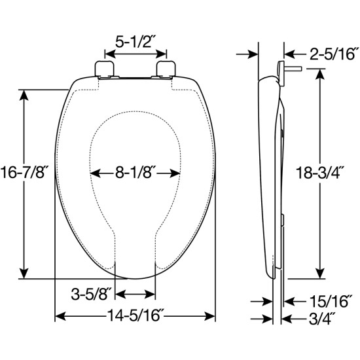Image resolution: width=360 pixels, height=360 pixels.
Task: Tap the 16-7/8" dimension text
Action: pyautogui.click(x=25, y=172)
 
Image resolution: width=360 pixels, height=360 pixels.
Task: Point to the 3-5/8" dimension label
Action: pyautogui.click(x=91, y=294)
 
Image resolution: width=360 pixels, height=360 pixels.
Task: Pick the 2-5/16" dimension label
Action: pyautogui.click(x=334, y=54)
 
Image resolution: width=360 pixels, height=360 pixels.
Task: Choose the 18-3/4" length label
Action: pyautogui.click(x=320, y=172)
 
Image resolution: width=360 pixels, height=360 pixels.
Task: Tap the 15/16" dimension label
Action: pyautogui.click(x=331, y=301)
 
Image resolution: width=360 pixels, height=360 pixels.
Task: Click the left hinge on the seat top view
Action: pyautogui.click(x=105, y=69)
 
